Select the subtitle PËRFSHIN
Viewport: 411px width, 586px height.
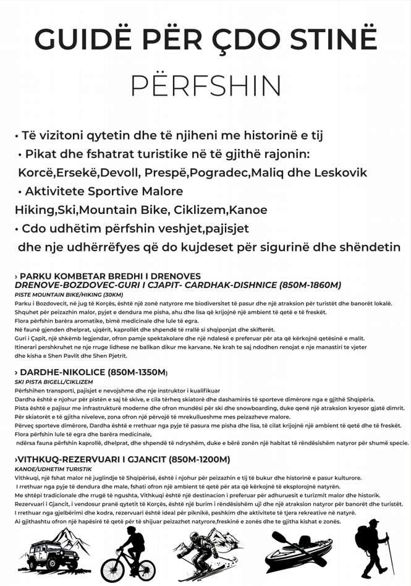click(x=206, y=86)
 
